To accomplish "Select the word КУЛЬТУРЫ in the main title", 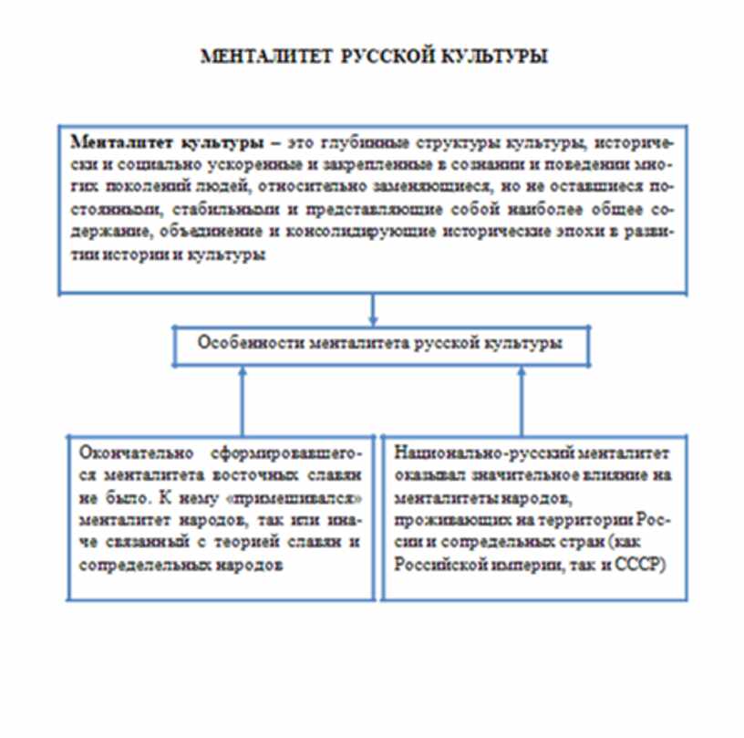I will pyautogui.click(x=493, y=57).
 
